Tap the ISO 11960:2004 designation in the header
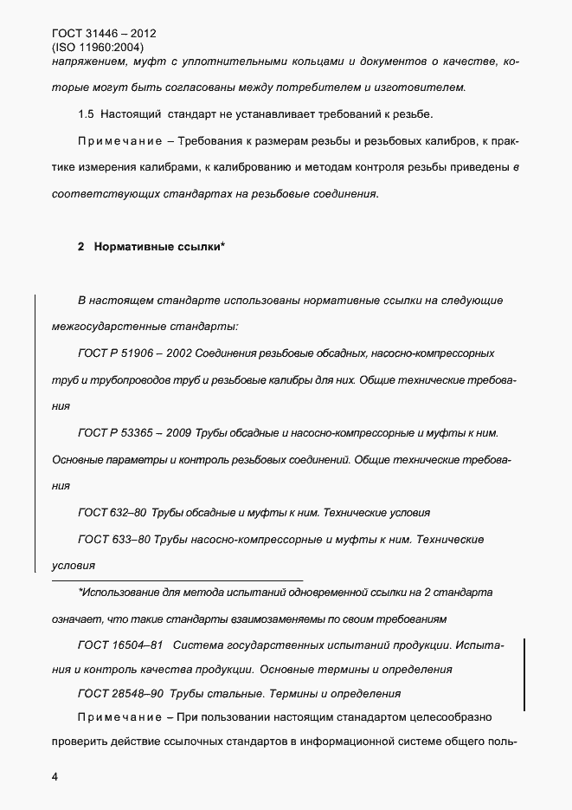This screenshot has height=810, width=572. click(98, 48)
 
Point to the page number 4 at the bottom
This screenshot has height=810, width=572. click(55, 777)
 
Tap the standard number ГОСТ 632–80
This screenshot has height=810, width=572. click(115, 513)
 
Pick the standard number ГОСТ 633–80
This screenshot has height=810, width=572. click(115, 540)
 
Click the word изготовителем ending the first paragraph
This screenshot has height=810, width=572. click(423, 87)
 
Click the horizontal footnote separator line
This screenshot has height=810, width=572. click(177, 579)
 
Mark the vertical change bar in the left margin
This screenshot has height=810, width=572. click(35, 433)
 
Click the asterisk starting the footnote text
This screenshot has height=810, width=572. click(80, 592)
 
